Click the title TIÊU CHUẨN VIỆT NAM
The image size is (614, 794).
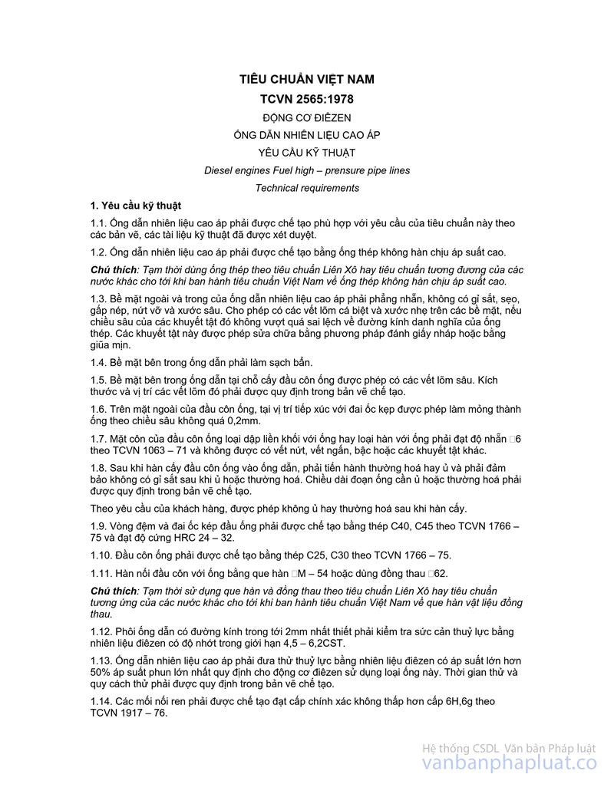coord(307,79)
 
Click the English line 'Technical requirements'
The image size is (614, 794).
coord(307,188)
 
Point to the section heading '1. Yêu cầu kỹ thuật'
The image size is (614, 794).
coord(136,206)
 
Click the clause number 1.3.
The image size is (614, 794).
coord(98,298)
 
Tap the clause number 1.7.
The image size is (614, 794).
coord(98,439)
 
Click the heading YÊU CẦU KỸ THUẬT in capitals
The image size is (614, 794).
coord(307,153)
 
